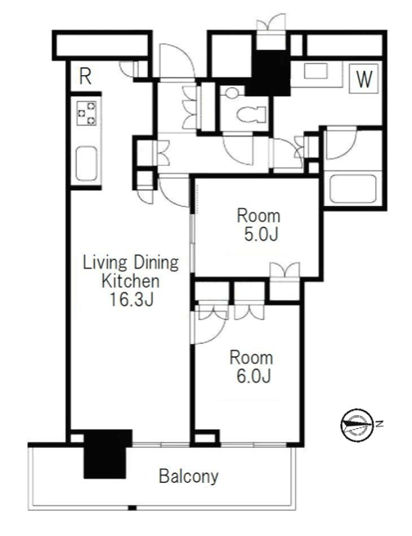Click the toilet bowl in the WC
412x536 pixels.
[x=251, y=114]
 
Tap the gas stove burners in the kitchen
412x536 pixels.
[x=86, y=113]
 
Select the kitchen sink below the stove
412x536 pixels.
[x=86, y=163]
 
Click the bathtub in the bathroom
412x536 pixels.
[x=353, y=189]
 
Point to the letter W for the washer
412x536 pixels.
[x=364, y=79]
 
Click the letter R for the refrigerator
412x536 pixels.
[x=85, y=77]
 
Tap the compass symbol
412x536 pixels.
[x=357, y=425]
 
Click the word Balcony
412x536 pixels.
[x=188, y=476]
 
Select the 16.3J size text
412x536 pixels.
[x=131, y=299]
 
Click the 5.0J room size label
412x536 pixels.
[x=261, y=234]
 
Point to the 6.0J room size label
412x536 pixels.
[x=253, y=376]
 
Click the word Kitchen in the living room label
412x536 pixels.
[x=131, y=281]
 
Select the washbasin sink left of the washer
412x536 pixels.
[x=316, y=71]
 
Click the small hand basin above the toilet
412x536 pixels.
[x=232, y=92]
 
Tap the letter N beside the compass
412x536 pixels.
[x=378, y=424]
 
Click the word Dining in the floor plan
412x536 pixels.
[x=156, y=263]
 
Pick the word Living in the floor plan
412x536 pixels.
[x=105, y=263]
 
